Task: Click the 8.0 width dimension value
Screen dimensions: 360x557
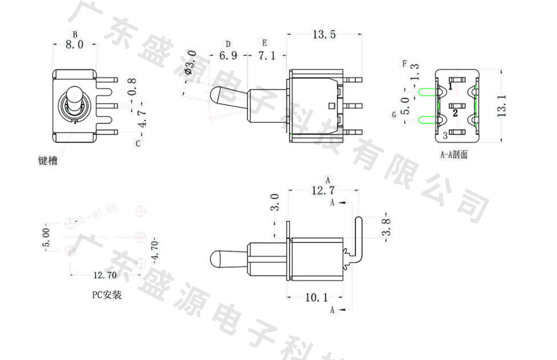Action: click(x=74, y=45)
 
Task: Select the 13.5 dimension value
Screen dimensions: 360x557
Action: click(x=323, y=35)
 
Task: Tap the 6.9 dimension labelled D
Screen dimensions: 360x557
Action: click(x=228, y=56)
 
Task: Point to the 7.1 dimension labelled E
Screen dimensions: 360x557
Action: click(x=266, y=56)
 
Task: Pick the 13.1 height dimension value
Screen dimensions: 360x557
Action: click(x=502, y=106)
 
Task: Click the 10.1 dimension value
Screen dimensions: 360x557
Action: click(x=316, y=297)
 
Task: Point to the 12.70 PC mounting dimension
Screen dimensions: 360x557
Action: click(x=105, y=275)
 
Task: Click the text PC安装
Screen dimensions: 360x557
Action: click(x=107, y=295)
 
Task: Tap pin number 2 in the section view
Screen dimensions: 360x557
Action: click(x=455, y=113)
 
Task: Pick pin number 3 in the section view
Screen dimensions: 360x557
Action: click(x=445, y=136)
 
